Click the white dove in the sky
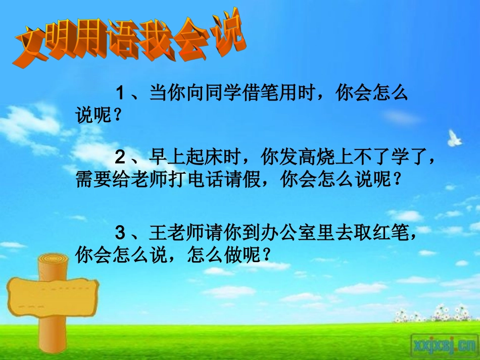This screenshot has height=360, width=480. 455,137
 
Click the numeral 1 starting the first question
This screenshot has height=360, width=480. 120,94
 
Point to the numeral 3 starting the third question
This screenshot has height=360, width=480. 120,233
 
